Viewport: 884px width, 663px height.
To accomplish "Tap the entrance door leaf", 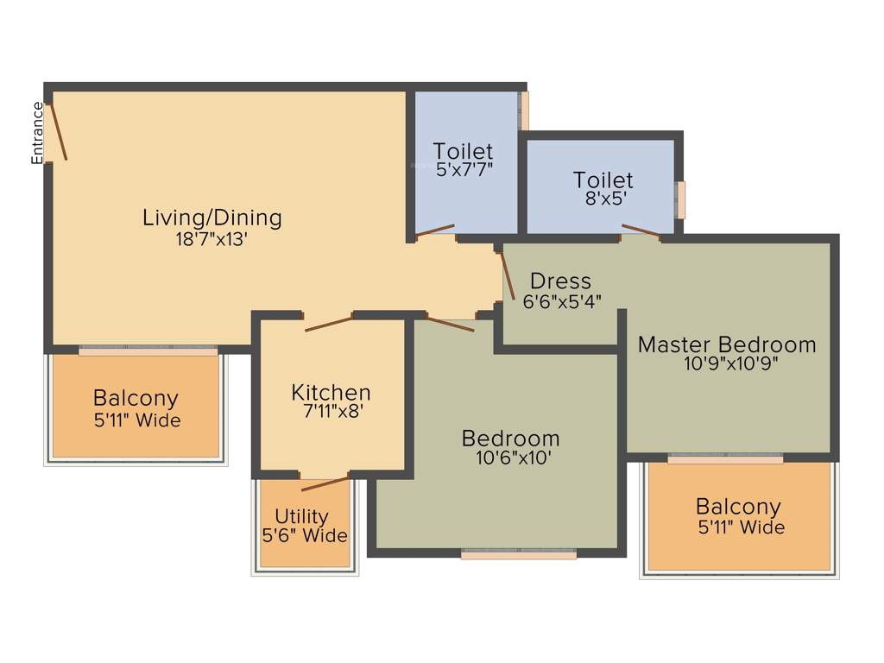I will point(58,131).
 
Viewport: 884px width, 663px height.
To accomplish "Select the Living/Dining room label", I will point(212,218).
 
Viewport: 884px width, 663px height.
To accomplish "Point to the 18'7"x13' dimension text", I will point(212,239).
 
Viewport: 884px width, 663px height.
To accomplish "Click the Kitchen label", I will point(331,393).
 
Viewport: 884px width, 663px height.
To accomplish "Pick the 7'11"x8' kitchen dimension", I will point(331,412).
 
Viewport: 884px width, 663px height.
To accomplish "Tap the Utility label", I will point(301,516).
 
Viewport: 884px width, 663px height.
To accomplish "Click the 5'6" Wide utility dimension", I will point(305,535).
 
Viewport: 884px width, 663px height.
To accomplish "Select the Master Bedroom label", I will point(727,344).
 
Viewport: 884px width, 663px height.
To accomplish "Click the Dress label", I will point(561,281).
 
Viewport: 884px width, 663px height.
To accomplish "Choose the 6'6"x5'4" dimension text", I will point(562,301).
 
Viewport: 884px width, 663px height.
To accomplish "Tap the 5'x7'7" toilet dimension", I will point(464,169).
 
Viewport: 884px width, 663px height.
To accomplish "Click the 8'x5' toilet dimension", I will point(603,198).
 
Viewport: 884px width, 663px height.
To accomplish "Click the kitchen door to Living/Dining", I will point(329,323).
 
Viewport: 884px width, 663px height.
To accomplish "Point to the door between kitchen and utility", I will point(325,483).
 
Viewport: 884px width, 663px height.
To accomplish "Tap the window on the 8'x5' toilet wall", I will point(681,199).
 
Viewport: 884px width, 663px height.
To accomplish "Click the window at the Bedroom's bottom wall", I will point(518,555).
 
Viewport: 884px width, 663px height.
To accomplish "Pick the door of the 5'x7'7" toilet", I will point(434,230).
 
